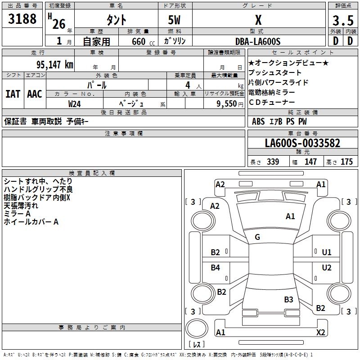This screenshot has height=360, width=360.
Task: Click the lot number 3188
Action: [x=22, y=19]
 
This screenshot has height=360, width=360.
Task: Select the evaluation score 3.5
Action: [x=342, y=21]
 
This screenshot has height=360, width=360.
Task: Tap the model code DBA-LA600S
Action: [x=258, y=41]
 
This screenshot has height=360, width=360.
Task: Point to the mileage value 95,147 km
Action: [x=52, y=64]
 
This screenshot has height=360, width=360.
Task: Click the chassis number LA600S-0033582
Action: [x=302, y=143]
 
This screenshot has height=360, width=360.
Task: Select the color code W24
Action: [x=75, y=103]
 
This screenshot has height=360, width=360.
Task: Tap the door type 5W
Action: [x=175, y=21]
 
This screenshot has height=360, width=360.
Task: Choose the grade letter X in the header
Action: [x=258, y=20]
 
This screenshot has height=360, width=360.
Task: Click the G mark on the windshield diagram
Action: [x=257, y=237]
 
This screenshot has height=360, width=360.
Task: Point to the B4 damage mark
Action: [x=216, y=268]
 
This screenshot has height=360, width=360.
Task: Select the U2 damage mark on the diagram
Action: [x=327, y=268]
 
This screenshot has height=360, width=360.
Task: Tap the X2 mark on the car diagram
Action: [x=321, y=333]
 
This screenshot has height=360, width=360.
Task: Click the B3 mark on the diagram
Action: [x=288, y=299]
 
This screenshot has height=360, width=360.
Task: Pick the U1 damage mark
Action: [x=327, y=252]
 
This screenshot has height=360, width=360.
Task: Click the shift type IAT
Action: [x=13, y=94]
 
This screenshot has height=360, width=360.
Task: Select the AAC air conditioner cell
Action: [x=35, y=94]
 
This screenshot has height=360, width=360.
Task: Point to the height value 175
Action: [x=346, y=162]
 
